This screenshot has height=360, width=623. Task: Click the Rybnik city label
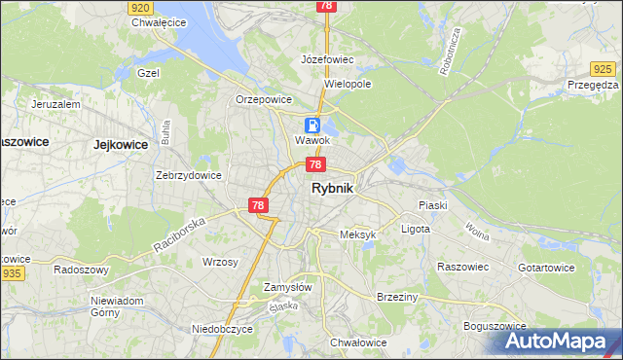(332, 191)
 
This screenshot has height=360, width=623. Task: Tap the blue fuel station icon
(312, 125)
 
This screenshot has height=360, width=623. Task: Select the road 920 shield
(140, 7)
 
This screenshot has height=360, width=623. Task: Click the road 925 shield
(604, 68)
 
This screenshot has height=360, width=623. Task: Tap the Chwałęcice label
(159, 22)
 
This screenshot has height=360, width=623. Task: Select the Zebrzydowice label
(189, 175)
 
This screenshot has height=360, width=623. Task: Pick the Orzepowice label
(264, 99)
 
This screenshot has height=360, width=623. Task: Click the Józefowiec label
(327, 59)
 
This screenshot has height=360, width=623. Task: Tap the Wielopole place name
(348, 84)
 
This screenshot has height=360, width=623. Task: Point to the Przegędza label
(594, 85)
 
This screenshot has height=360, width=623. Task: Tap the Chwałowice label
(359, 342)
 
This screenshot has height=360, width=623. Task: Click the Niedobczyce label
(222, 329)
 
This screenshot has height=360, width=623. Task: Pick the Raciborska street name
(181, 235)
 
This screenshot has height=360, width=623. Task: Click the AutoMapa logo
(559, 340)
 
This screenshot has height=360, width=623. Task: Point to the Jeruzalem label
(55, 103)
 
